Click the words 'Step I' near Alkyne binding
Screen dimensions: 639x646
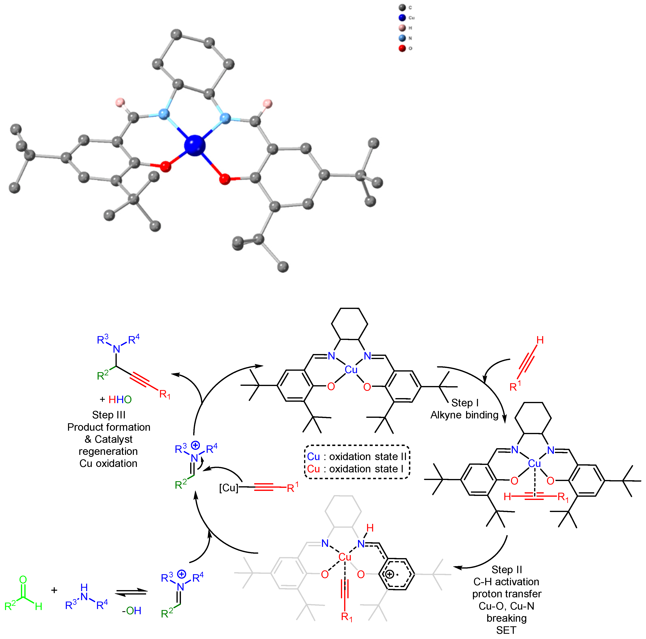[x=465, y=403]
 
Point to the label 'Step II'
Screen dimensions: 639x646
[x=507, y=569]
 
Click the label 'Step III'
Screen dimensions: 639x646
[x=109, y=415]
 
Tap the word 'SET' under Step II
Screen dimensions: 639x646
[x=506, y=630]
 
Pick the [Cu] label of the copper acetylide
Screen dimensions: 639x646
[x=229, y=488]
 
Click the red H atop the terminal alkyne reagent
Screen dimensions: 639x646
[x=540, y=340]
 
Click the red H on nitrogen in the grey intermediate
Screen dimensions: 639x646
[x=370, y=528]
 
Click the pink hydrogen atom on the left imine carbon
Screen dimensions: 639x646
[x=120, y=102]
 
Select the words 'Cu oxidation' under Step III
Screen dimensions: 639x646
[x=108, y=464]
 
